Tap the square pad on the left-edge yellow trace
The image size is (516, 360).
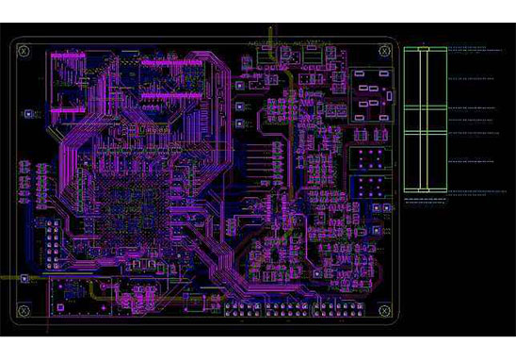tap(25, 279)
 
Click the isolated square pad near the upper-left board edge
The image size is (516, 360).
tap(27, 114)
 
